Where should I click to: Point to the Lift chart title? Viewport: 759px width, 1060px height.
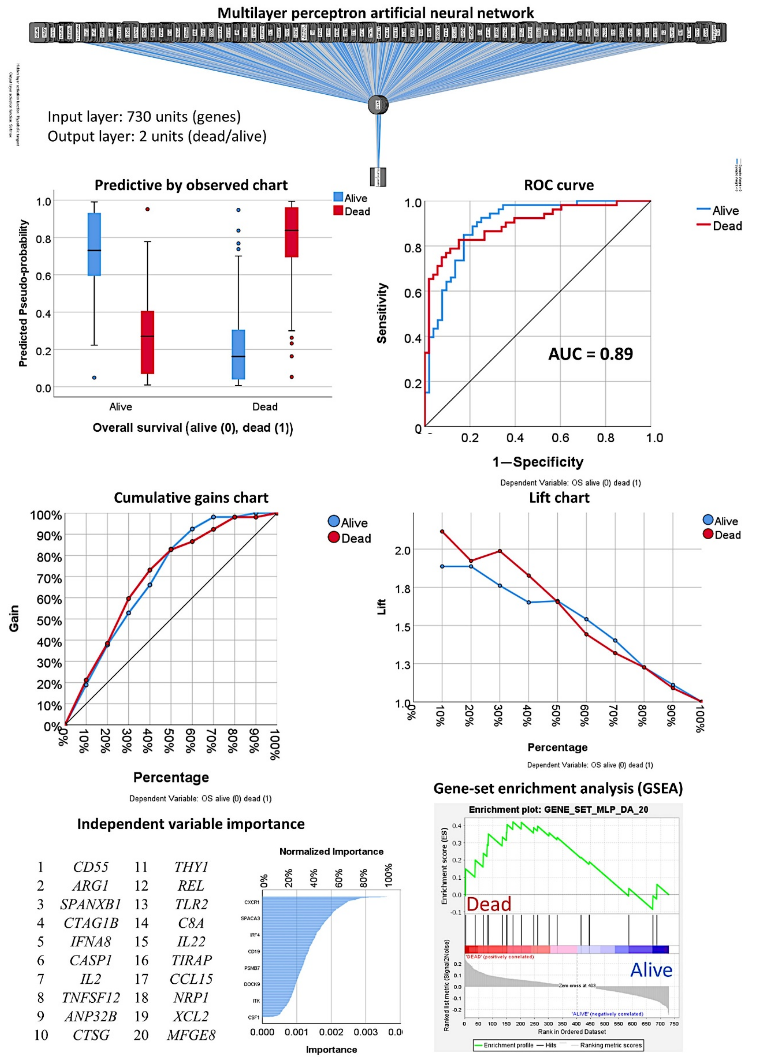559,498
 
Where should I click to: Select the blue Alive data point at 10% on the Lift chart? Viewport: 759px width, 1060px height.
442,566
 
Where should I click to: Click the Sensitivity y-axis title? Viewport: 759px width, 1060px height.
382,313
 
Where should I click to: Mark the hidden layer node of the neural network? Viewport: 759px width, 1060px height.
378,105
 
